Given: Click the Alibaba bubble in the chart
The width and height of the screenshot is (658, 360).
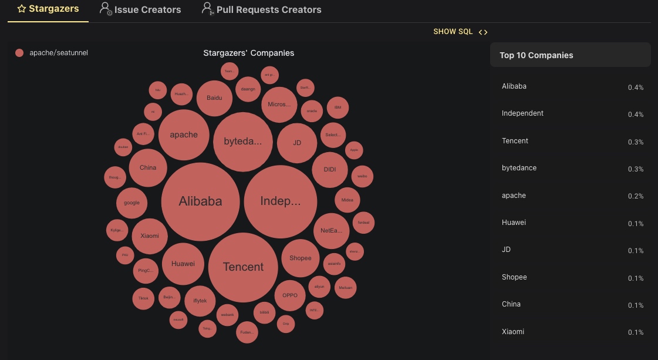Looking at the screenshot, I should [x=200, y=201].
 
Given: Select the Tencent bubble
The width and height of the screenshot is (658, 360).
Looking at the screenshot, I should [x=243, y=267].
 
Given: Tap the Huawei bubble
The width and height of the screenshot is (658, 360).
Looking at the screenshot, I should [x=183, y=264].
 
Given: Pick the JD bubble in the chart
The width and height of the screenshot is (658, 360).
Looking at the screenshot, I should [x=297, y=143].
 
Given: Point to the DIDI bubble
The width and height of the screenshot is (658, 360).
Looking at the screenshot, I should [x=330, y=170].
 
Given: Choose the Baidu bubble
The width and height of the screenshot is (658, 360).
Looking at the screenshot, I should [x=214, y=98].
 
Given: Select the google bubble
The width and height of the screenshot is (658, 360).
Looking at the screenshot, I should [x=131, y=203].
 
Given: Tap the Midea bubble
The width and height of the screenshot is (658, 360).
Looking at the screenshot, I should [x=347, y=200].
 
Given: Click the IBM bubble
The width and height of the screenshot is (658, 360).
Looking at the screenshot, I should [x=338, y=107].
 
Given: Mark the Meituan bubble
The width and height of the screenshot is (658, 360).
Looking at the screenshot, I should [x=345, y=288].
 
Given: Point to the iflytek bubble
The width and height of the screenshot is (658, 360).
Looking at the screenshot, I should [x=200, y=301].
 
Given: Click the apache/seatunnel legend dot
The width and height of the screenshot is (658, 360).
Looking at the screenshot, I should [x=19, y=53].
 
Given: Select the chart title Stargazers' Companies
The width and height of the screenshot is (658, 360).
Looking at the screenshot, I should [x=248, y=53].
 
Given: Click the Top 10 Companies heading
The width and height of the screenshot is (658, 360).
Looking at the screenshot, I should [x=536, y=55].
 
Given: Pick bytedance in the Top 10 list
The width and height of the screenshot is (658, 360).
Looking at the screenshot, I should [x=519, y=168].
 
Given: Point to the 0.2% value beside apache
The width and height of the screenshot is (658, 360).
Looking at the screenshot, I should [x=635, y=196].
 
